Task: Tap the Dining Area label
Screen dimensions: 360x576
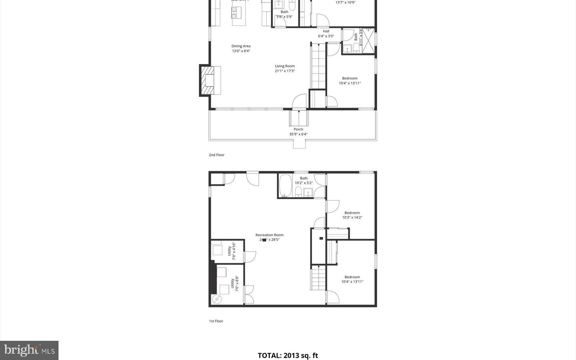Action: click(241, 46)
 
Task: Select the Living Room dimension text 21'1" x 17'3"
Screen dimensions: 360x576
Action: click(284, 71)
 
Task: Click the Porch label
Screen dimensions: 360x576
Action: click(298, 129)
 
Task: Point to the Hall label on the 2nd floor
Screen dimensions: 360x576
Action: click(326, 31)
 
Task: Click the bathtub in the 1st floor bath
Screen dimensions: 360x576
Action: click(286, 186)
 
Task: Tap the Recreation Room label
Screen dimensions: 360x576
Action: click(269, 235)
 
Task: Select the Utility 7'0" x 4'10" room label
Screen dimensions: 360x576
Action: click(231, 251)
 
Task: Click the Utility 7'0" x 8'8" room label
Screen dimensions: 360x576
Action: click(234, 284)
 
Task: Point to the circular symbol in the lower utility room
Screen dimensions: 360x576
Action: click(216, 298)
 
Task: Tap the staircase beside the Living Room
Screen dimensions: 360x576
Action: click(318, 66)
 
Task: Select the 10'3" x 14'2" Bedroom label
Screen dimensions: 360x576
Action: click(352, 215)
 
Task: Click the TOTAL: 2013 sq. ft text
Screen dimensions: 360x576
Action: click(288, 355)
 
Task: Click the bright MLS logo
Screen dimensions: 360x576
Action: click(29, 350)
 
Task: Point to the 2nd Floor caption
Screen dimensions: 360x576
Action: click(216, 155)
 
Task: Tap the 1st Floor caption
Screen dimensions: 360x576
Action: click(216, 321)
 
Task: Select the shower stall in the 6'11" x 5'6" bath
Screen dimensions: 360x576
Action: click(368, 41)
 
